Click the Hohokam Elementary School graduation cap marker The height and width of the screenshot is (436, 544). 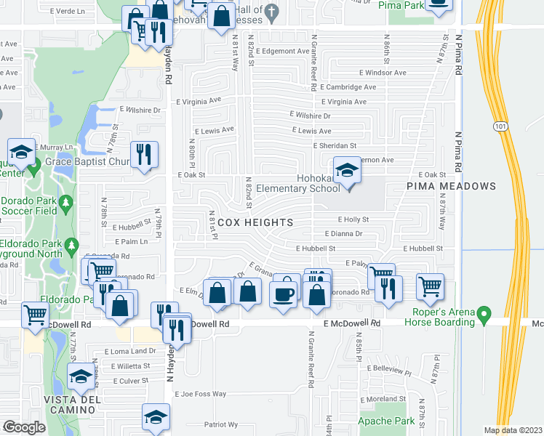[348, 171]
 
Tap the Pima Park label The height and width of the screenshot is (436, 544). [401, 4]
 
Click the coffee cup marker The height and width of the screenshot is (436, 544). [284, 294]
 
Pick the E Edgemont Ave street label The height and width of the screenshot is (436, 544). [283, 51]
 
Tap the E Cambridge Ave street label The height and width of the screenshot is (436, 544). [352, 87]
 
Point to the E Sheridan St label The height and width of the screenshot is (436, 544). [335, 145]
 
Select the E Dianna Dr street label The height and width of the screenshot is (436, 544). [343, 234]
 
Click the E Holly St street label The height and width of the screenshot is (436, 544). [353, 219]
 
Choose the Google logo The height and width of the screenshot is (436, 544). [24, 427]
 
